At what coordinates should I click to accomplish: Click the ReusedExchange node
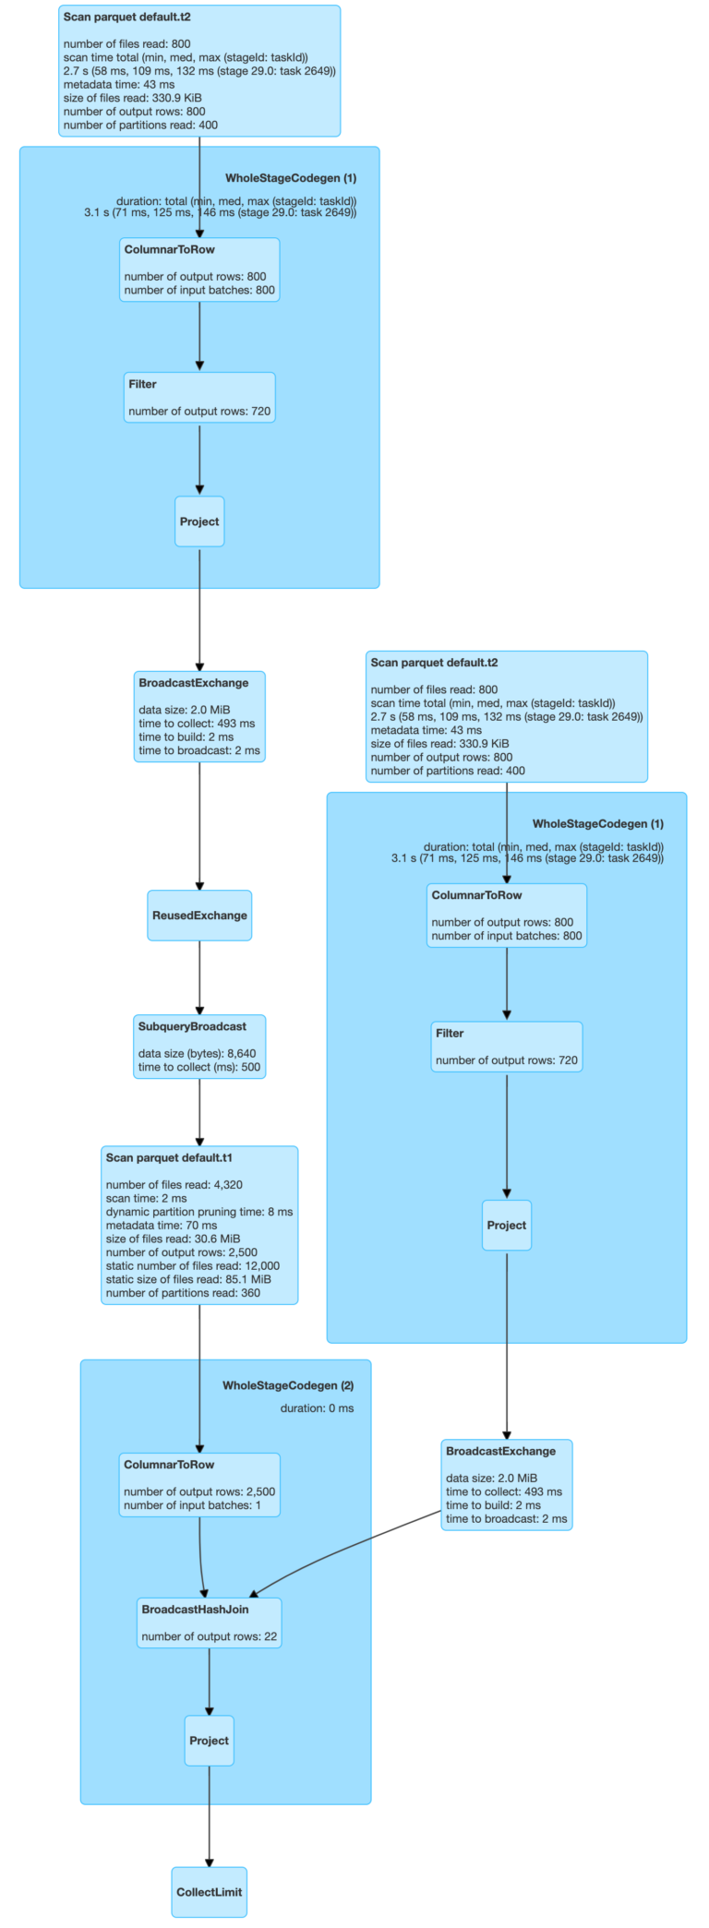[x=199, y=916]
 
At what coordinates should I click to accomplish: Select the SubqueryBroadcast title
[x=192, y=1026]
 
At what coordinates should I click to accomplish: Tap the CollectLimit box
[x=209, y=1892]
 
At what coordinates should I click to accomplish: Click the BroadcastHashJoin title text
[x=195, y=1610]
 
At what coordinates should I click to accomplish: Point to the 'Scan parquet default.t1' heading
[x=169, y=1157]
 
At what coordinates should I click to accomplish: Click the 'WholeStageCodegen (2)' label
[x=288, y=1385]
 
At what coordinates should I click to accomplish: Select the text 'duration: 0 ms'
[x=317, y=1408]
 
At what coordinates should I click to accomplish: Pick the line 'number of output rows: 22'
[x=209, y=1636]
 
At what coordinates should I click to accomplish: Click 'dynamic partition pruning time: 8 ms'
[x=198, y=1212]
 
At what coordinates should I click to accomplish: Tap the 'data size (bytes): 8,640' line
[x=197, y=1053]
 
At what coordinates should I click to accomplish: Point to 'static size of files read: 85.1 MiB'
[x=188, y=1279]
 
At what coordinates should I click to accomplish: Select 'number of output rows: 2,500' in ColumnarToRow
[x=199, y=1491]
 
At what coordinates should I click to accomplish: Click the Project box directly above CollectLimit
[x=209, y=1741]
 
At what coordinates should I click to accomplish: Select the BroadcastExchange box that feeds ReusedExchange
[x=199, y=716]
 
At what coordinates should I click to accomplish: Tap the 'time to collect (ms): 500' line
[x=199, y=1067]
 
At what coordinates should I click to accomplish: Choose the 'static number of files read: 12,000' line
[x=192, y=1266]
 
